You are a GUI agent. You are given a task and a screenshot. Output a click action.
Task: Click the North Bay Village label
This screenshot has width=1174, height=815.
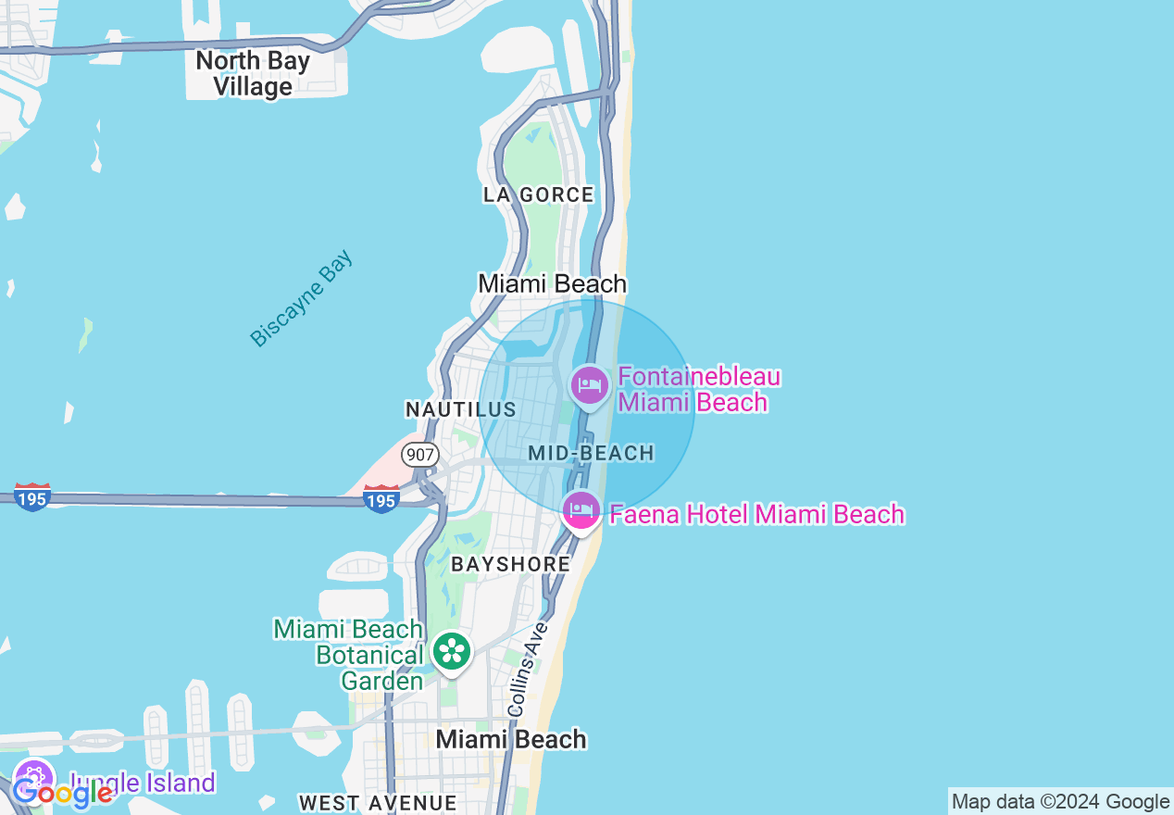coord(253,74)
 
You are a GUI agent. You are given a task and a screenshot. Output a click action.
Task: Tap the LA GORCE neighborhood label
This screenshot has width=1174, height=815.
coord(538,194)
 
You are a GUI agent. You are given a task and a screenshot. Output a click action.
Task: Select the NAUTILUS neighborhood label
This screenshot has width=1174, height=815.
coord(460,409)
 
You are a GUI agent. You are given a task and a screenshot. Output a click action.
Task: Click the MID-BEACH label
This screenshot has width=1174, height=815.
coord(591,453)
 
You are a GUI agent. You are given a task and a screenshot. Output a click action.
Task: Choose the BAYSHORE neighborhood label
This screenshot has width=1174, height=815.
coord(510,564)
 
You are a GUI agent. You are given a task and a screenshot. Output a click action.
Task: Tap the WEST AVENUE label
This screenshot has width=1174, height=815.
coord(378,802)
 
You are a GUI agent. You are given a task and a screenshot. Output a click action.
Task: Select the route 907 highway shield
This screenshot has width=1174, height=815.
coord(419,455)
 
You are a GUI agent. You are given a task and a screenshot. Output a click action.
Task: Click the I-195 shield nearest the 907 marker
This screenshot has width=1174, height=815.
coord(381,499)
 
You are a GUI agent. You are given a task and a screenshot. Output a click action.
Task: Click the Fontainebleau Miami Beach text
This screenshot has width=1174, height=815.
coord(699,390)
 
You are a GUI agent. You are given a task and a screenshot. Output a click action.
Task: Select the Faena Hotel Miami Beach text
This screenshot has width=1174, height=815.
coord(756,514)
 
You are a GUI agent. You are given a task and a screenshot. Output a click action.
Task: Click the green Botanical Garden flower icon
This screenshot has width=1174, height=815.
coord(452,651)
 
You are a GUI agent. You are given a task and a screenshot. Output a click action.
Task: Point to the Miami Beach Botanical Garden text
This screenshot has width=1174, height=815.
coord(349,655)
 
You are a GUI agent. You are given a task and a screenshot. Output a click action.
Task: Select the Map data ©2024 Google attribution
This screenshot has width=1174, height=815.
coord(1061,802)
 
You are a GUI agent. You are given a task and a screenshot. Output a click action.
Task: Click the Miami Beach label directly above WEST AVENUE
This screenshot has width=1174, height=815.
coord(511,739)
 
